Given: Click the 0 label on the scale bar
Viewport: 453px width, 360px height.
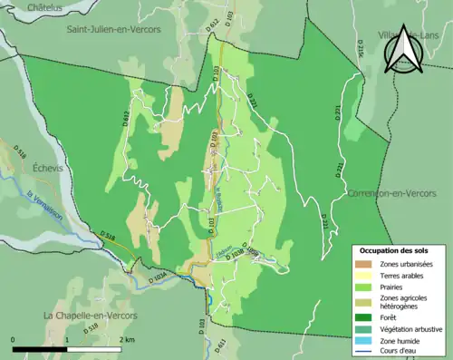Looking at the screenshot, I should tap(14, 339).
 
